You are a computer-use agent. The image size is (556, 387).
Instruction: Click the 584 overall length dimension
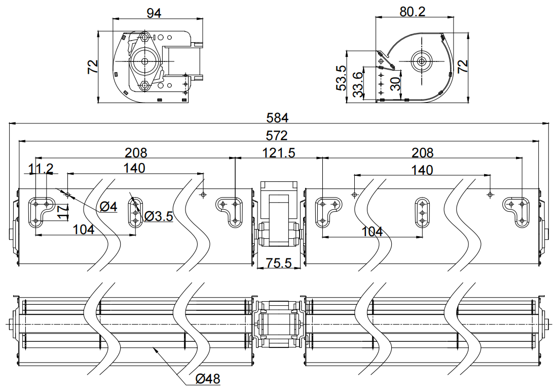point(278,118)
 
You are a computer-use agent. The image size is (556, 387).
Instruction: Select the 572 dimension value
point(278,136)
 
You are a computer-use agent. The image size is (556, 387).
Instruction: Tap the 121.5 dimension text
point(279,152)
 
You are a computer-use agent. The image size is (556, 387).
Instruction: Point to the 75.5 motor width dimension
point(278,263)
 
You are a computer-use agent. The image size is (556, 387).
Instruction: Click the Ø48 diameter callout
point(208,378)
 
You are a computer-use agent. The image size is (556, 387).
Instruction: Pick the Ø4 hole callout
point(108,207)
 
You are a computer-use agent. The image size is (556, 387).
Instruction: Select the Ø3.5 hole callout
point(159,217)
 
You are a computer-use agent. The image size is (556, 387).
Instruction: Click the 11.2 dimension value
point(41,169)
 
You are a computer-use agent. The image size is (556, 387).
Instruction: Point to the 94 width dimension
point(154,13)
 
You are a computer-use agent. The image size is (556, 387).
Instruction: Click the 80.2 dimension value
point(413,12)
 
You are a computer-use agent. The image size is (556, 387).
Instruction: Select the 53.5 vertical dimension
point(341,78)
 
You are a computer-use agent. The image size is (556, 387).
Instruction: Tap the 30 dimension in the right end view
point(396,82)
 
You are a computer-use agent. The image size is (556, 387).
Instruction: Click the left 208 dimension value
point(136,152)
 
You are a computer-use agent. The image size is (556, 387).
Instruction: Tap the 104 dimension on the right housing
point(373,232)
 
